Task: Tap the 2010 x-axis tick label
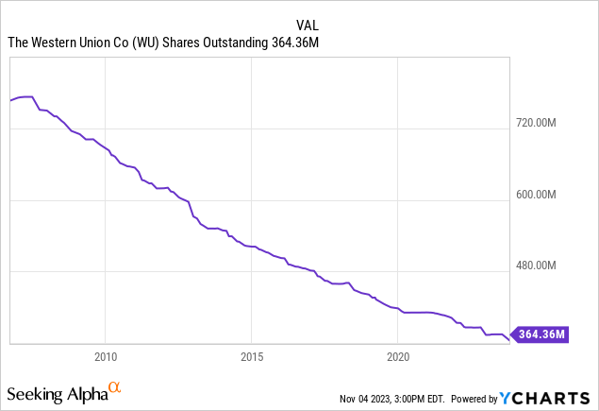pyautogui.click(x=105, y=357)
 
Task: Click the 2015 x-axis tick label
pyautogui.click(x=251, y=357)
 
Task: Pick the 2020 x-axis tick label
pyautogui.click(x=398, y=357)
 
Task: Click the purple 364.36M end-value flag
pyautogui.click(x=541, y=334)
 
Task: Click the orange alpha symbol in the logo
pyautogui.click(x=114, y=387)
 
